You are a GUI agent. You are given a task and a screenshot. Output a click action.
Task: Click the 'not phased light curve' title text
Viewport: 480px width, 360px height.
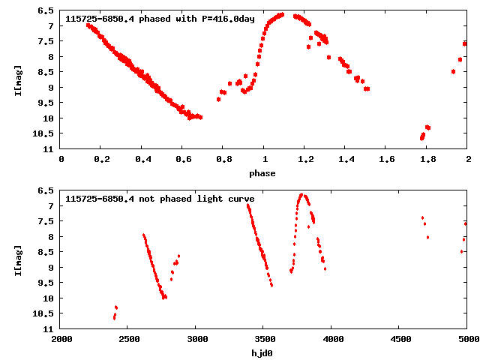(x=160, y=199)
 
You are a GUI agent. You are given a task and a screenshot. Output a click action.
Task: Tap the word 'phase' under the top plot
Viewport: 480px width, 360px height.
(x=262, y=173)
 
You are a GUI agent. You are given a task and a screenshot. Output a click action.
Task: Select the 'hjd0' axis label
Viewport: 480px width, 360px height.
(x=262, y=353)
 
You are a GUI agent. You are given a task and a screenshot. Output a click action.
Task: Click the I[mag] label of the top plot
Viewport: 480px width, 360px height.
(x=17, y=79)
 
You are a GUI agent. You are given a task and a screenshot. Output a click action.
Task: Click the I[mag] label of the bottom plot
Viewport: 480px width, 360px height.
(x=17, y=259)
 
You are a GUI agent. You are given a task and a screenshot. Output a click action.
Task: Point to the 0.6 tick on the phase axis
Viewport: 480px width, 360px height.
(x=182, y=159)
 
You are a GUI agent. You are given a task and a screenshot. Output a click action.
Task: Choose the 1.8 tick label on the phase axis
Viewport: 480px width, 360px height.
(x=427, y=159)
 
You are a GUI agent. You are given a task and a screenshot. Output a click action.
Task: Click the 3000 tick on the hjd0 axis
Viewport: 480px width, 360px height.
(x=196, y=339)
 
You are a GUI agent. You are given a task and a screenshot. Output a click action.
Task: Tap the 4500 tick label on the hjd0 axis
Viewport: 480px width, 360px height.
(x=399, y=339)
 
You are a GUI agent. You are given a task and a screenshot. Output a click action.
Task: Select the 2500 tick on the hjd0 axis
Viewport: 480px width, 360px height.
(x=128, y=339)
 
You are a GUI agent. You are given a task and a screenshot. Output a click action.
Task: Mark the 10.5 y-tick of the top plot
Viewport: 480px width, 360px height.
(x=43, y=133)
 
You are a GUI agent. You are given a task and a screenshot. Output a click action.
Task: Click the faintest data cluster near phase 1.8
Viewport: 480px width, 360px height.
(x=422, y=137)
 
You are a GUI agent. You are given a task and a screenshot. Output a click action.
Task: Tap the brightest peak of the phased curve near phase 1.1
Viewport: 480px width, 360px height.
(x=280, y=14)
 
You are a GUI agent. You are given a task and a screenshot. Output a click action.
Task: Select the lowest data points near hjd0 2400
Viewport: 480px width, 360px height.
(x=114, y=317)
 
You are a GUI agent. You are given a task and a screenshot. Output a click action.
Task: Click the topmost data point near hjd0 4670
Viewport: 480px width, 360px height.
(x=422, y=217)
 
